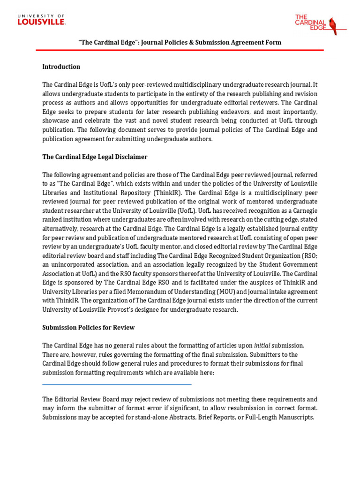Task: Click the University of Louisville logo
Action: pyautogui.click(x=41, y=20)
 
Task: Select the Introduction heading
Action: pyautogui.click(x=61, y=67)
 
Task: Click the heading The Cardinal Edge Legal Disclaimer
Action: pyautogui.click(x=95, y=157)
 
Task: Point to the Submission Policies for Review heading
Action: pyautogui.click(x=89, y=327)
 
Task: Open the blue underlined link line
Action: pyautogui.click(x=117, y=384)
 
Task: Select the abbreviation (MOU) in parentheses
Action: pyautogui.click(x=221, y=292)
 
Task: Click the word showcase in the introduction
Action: pyautogui.click(x=56, y=120)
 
